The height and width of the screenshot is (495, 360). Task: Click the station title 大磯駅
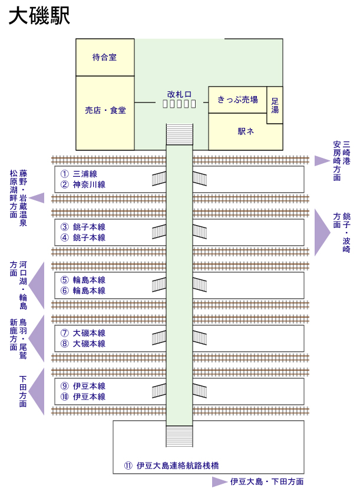tap(39, 16)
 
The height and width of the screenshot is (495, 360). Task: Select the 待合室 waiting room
tap(105, 57)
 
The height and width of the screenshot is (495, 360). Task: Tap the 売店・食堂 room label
tap(105, 110)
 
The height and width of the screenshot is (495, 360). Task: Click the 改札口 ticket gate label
tap(179, 94)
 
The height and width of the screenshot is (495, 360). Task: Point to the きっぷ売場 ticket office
tap(237, 100)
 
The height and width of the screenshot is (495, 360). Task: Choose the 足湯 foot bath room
tap(275, 105)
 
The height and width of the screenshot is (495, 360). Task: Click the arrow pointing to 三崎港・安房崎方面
tap(321, 160)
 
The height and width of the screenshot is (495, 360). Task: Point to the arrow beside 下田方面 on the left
tap(38, 392)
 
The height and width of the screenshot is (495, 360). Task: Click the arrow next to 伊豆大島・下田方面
tap(220, 482)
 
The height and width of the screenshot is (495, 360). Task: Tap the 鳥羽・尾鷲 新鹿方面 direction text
tap(18, 339)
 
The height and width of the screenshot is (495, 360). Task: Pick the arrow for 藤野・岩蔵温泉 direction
tap(37, 198)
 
